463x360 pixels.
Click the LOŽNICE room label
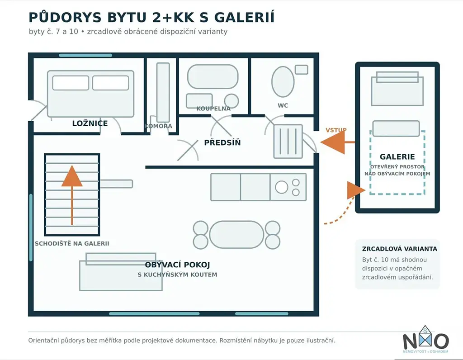pyautogui.click(x=90, y=123)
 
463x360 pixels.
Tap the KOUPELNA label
pyautogui.click(x=213, y=109)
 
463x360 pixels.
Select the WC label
pyautogui.click(x=283, y=105)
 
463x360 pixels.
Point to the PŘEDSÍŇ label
pyautogui.click(x=222, y=142)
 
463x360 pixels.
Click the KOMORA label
pyautogui.click(x=158, y=126)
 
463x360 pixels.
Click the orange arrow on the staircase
pyautogui.click(x=72, y=195)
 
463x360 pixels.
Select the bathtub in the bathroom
pyautogui.click(x=213, y=77)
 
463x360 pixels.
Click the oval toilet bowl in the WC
pyautogui.click(x=283, y=81)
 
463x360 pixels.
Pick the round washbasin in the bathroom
pyautogui.click(x=231, y=101)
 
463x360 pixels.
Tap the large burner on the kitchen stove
pyautogui.click(x=281, y=187)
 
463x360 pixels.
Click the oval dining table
pyautogui.click(x=236, y=235)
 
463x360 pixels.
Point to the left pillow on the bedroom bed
pyautogui.click(x=71, y=83)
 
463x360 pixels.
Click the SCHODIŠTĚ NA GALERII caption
pyautogui.click(x=72, y=244)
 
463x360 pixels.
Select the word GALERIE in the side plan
pyautogui.click(x=397, y=156)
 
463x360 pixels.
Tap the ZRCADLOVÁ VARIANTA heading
pyautogui.click(x=400, y=249)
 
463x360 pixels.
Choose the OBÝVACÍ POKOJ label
pyautogui.click(x=177, y=265)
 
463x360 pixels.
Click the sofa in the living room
pyautogui.click(x=121, y=272)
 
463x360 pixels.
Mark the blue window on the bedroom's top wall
pyautogui.click(x=85, y=55)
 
